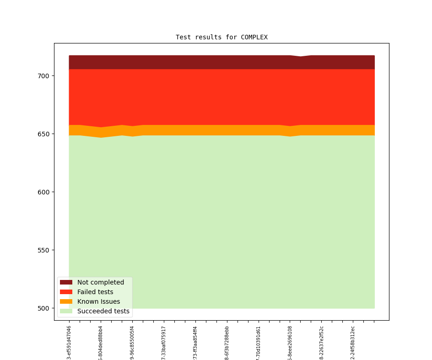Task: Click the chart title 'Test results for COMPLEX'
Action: pos(221,37)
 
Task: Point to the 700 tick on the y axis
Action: pos(43,75)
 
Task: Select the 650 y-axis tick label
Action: pos(43,134)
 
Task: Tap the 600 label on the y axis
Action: pos(43,192)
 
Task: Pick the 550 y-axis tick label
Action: pos(43,250)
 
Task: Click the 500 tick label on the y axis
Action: pos(43,308)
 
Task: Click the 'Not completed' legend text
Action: pos(101,282)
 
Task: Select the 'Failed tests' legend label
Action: pos(95,292)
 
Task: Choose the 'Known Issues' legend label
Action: pos(98,301)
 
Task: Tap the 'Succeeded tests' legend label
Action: pos(103,311)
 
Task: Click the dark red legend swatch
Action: pos(66,282)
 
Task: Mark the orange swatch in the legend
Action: pos(66,301)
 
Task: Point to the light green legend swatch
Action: pos(66,311)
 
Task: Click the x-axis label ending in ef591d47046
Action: pos(69,342)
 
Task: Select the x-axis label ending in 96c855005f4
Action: pos(132,342)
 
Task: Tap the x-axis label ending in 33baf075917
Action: pos(164,342)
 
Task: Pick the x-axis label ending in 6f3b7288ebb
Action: pos(227,342)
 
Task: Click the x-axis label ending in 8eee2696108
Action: pos(290,342)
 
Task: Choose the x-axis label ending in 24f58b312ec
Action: pos(353,342)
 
